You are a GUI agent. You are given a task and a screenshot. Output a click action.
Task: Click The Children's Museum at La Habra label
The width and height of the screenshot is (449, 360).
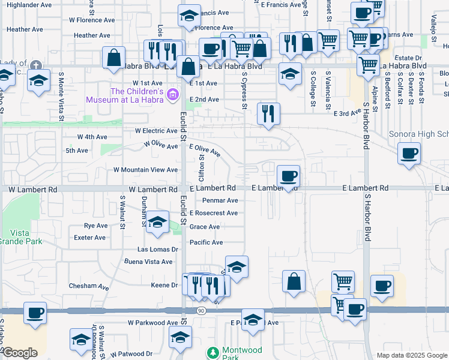(x=126, y=94)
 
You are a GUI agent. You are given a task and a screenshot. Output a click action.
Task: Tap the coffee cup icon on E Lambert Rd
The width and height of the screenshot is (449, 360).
(x=289, y=177)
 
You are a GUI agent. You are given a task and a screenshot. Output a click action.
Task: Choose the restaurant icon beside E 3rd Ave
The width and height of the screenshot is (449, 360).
(x=268, y=113)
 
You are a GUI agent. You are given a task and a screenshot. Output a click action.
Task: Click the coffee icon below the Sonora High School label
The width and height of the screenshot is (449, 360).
(x=409, y=153)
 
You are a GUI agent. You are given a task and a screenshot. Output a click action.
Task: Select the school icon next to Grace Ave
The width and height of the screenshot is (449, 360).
(x=157, y=223)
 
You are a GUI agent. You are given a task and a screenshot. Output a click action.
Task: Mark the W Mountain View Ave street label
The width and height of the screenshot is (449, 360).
(x=146, y=170)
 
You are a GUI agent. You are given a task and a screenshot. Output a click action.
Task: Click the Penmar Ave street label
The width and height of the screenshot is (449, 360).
(x=220, y=200)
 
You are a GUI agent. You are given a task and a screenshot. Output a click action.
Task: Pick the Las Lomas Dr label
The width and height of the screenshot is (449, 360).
(x=158, y=249)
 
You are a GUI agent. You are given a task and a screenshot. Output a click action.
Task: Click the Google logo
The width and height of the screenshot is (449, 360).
(x=20, y=353)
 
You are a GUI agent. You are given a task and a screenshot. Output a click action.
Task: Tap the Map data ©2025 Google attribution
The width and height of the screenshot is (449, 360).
(x=411, y=355)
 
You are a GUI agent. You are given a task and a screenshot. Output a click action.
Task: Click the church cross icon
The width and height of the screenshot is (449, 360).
(x=36, y=65)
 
